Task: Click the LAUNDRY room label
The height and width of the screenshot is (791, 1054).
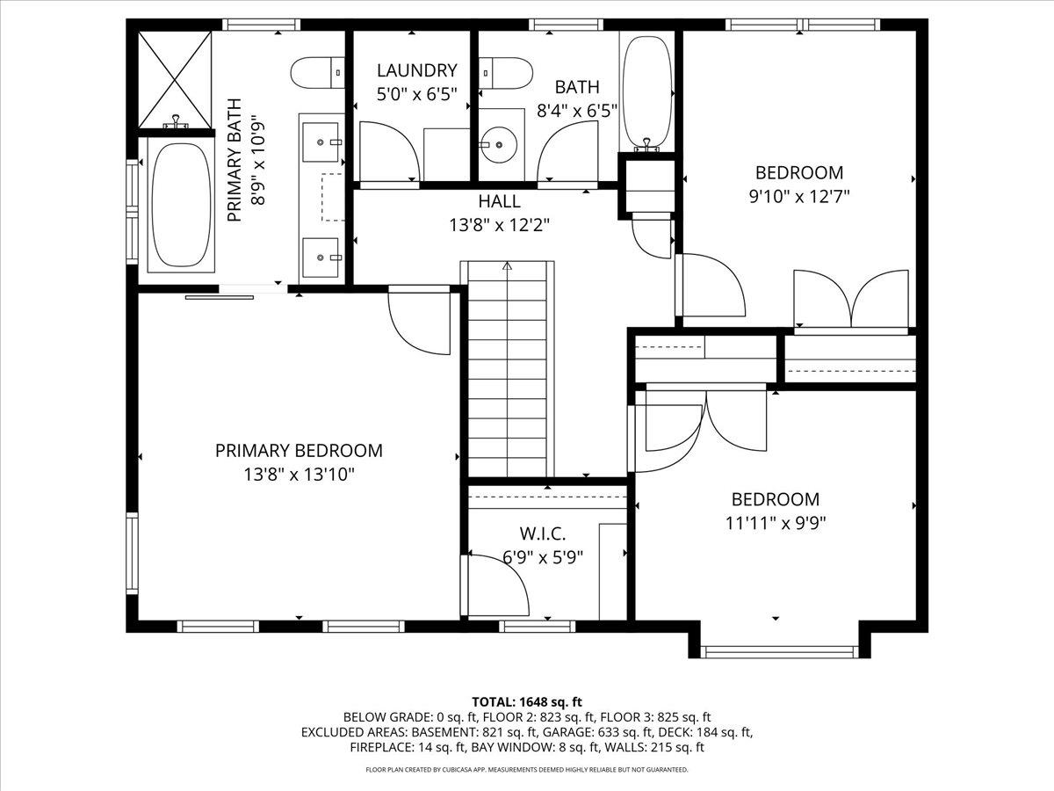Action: (417, 70)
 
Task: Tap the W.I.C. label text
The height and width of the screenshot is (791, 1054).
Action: (543, 533)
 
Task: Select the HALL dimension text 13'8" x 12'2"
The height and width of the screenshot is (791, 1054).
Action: (500, 225)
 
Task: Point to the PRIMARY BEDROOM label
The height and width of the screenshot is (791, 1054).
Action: (299, 451)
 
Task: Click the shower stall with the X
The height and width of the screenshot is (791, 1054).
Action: (175, 80)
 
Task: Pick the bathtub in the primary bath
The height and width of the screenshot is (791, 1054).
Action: (181, 205)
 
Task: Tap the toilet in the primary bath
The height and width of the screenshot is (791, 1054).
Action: (317, 73)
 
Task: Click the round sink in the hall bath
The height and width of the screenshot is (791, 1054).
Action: (499, 144)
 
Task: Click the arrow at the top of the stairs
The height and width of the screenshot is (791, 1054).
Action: (508, 265)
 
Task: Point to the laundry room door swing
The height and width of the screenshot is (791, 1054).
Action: (390, 151)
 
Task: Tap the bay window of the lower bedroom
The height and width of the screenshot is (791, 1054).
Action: (779, 652)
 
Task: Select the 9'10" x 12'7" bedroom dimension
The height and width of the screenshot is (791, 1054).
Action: (799, 196)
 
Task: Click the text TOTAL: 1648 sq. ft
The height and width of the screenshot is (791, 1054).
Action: (527, 702)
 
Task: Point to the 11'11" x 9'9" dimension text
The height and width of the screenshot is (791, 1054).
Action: (776, 524)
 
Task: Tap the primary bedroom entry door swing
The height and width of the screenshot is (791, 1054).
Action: (419, 320)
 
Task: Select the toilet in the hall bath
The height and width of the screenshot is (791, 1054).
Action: (506, 73)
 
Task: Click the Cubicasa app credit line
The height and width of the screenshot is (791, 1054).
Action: (527, 770)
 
